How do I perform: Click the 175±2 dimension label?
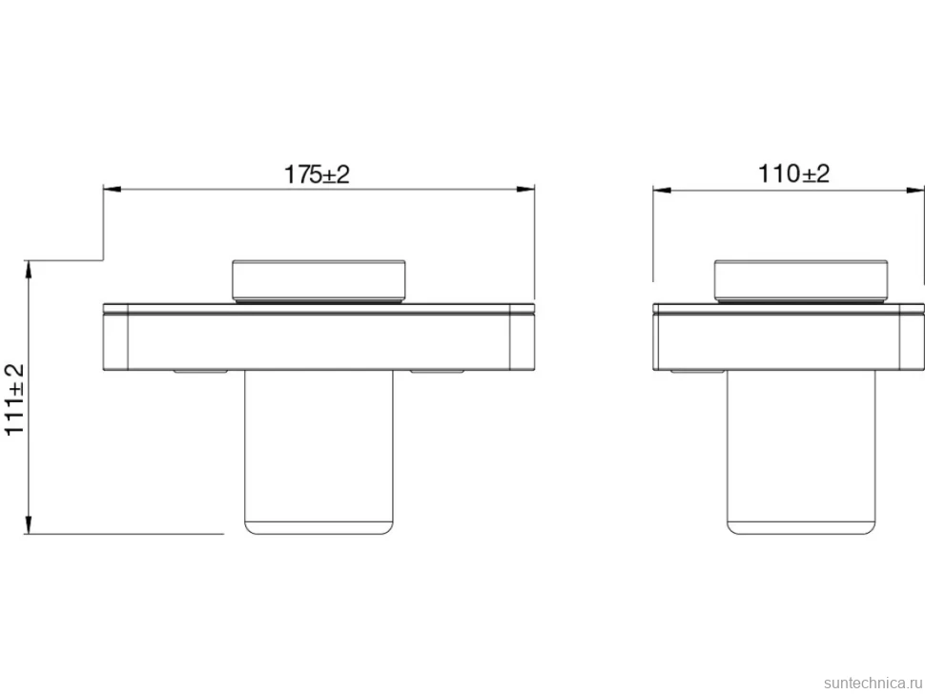(x=317, y=174)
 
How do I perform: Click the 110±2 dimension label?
(x=793, y=173)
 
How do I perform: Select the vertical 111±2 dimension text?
(x=14, y=399)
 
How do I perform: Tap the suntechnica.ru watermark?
(x=873, y=683)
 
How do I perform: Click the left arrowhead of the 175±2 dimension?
(x=113, y=190)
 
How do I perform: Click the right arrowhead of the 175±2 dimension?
(x=525, y=190)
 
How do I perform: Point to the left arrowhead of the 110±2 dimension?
(x=662, y=190)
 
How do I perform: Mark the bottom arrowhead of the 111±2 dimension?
(x=28, y=525)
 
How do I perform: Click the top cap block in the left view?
(x=319, y=280)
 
